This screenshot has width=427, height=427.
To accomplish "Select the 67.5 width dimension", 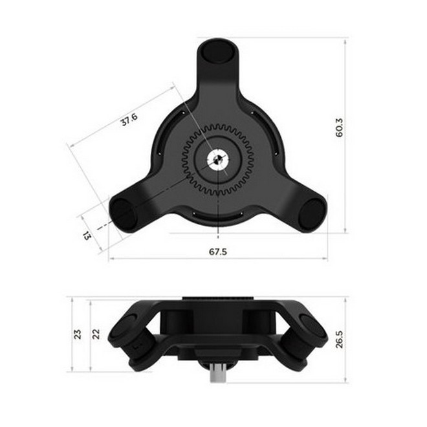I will (x=218, y=252).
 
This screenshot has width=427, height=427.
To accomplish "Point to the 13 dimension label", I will (x=87, y=235).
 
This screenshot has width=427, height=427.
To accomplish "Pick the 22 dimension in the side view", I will (x=96, y=334).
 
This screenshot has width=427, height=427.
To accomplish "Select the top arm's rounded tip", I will (x=217, y=52).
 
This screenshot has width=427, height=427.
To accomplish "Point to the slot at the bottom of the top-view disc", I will (x=218, y=215).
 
